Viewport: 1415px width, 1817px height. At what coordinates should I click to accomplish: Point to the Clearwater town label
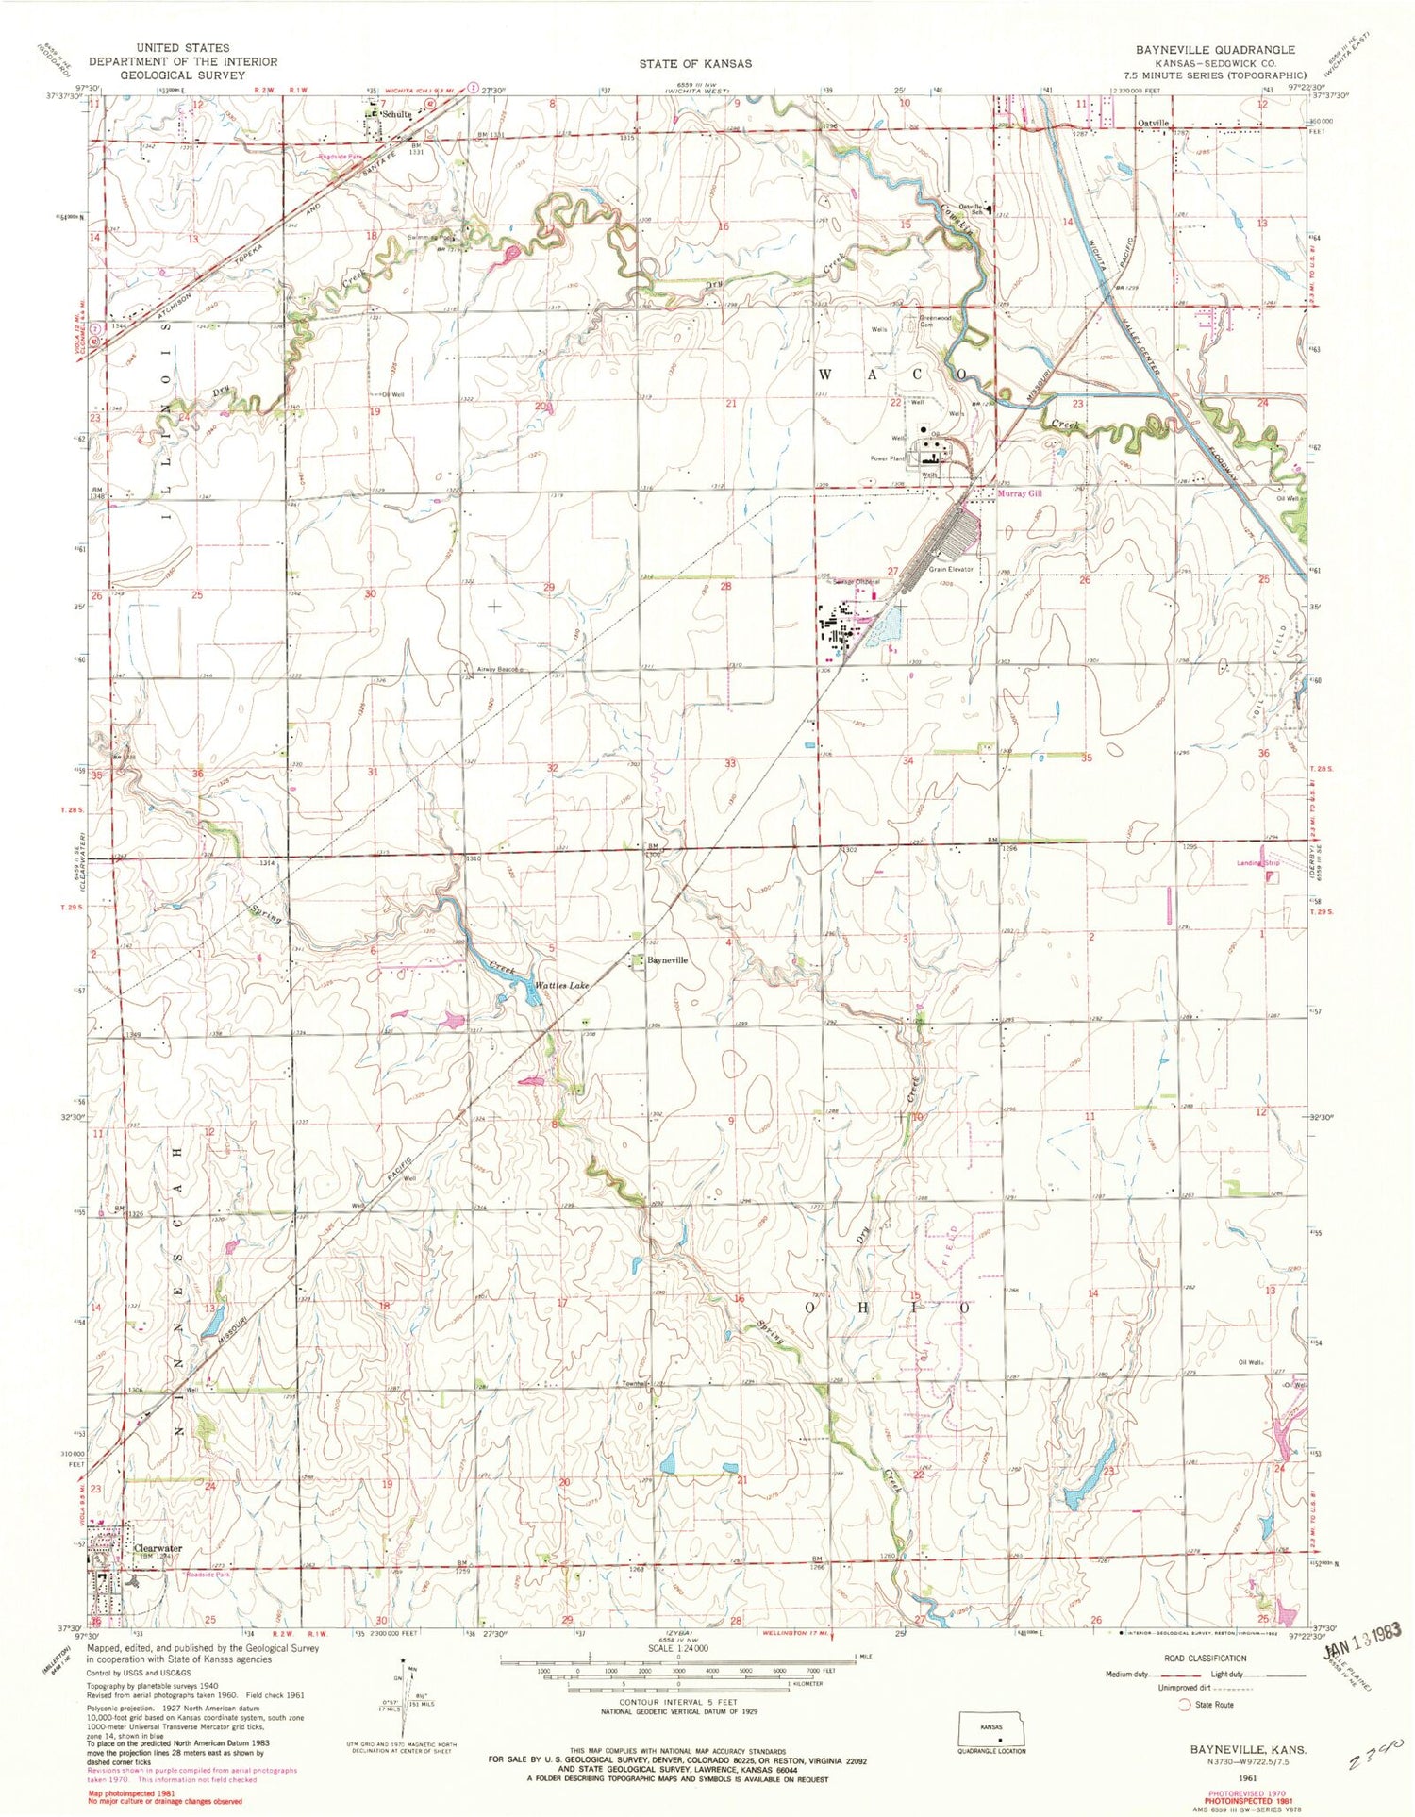coord(158,1548)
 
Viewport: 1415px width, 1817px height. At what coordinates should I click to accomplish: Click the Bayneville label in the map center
coord(667,960)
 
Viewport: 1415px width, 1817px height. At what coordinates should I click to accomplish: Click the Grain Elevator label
coord(951,570)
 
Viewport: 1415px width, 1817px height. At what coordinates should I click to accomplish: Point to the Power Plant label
coord(888,458)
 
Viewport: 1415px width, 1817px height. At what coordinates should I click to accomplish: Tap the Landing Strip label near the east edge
coord(1259,863)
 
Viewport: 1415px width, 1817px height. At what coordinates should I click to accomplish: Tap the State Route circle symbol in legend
coord(1184,1705)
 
